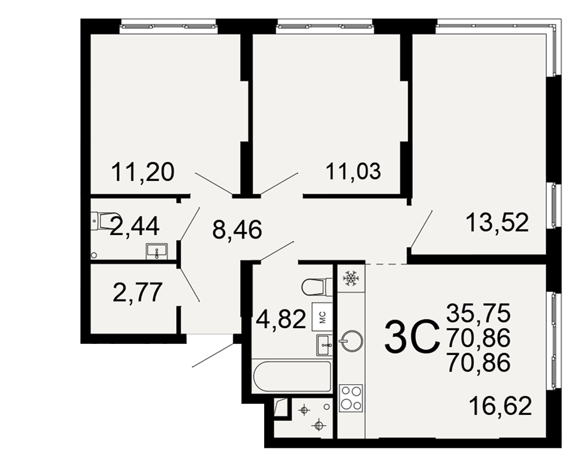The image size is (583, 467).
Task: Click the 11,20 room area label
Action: pos(143,172)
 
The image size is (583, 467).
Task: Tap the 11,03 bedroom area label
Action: pos(353,171)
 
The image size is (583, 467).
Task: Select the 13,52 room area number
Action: pos(497,222)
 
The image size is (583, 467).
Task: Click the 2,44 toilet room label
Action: pos(135,226)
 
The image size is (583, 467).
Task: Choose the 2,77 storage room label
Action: pos(138,292)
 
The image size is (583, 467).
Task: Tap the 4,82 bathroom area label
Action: pos(282,319)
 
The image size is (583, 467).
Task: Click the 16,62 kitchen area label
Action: pos(500,406)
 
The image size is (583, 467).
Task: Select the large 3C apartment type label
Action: pos(412,337)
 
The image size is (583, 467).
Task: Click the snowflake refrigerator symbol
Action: pos(350,278)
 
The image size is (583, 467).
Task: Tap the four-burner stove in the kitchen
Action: pos(351,398)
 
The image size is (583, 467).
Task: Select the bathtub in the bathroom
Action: pos(291,376)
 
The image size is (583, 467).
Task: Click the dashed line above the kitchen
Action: pos(387,264)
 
